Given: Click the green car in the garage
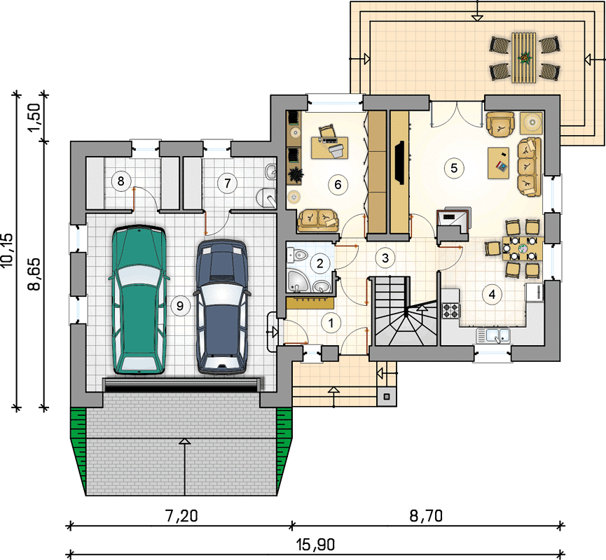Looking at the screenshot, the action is point(139,300).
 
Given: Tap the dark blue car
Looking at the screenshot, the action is point(221,307).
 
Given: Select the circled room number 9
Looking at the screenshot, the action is point(180,306).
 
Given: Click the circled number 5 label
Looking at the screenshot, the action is point(454,168).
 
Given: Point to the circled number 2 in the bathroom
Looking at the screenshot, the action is point(320,263).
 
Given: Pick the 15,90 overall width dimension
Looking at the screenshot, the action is point(315,545).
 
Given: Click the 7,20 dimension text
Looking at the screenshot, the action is point(181,516).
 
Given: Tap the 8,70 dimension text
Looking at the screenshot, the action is point(426,516).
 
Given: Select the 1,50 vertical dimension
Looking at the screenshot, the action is point(34,117).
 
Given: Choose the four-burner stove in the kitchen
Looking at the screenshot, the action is point(450,310).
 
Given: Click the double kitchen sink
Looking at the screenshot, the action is point(493,335).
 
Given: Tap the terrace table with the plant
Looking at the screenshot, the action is point(524,57).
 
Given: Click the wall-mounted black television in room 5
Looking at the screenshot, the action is point(400,162).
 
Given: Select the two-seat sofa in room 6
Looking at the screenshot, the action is point(317,220).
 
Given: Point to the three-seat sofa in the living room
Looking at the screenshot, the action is point(529,167).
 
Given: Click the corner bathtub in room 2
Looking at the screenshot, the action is point(298,281).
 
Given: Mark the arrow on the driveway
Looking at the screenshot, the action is point(185,467).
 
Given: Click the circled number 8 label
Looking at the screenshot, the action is point(121,181).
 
